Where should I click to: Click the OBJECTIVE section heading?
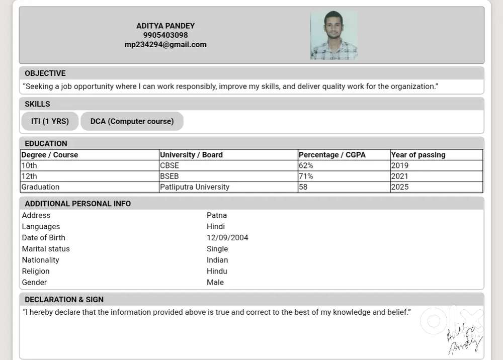click(x=45, y=73)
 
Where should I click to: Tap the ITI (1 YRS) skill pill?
click(x=50, y=121)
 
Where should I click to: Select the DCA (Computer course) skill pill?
click(x=132, y=121)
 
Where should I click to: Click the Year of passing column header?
click(x=418, y=155)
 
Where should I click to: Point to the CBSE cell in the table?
click(x=170, y=165)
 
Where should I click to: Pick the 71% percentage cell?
click(x=306, y=176)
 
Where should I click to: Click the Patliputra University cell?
click(x=195, y=187)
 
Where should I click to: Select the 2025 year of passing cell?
click(x=400, y=187)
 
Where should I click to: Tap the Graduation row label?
click(x=40, y=187)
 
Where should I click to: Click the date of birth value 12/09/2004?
click(x=227, y=238)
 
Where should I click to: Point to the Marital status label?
click(x=46, y=249)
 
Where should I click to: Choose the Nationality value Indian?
click(x=217, y=260)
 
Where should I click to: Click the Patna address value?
click(x=217, y=215)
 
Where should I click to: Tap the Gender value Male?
click(x=215, y=283)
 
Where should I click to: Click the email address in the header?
click(x=165, y=44)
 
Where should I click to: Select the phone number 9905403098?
click(x=165, y=35)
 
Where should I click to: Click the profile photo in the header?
click(x=333, y=36)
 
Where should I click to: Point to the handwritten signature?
click(x=464, y=340)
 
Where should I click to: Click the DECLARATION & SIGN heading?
click(x=64, y=300)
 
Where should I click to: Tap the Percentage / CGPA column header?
click(x=332, y=155)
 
